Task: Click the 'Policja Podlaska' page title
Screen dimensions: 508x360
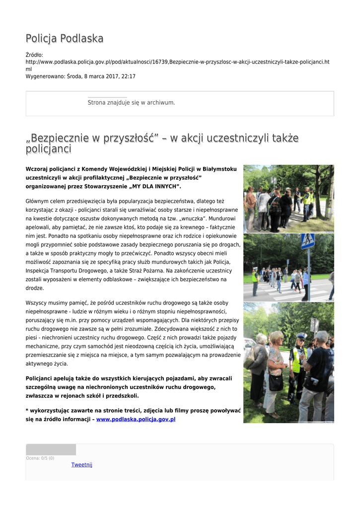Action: tap(65, 38)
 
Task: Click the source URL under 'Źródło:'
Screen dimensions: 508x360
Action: tap(177, 62)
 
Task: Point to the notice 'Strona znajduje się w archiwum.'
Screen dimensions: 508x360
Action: tap(131, 103)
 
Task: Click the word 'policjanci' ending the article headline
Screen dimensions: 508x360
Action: tap(48, 149)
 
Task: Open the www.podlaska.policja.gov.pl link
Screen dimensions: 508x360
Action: tap(136, 419)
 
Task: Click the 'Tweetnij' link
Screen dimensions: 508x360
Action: tap(81, 465)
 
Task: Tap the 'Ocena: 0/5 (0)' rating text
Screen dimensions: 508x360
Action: tap(40, 458)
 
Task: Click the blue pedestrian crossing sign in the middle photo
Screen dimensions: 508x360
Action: tap(308, 242)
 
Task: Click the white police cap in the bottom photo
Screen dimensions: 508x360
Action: tap(301, 336)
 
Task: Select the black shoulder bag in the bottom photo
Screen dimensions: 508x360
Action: tap(275, 382)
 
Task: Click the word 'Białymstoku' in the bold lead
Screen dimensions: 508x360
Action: tap(219, 169)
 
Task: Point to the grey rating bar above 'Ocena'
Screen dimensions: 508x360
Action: tap(51, 449)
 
